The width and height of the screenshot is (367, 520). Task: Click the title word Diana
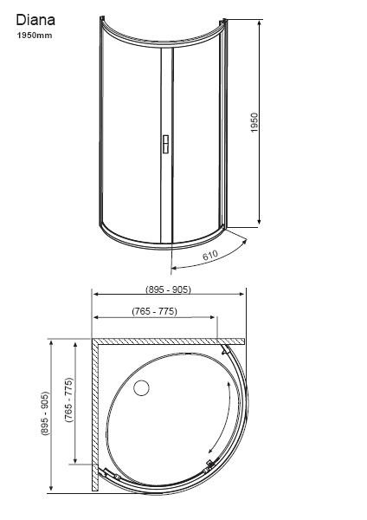click(x=35, y=20)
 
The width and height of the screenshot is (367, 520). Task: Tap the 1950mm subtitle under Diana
click(x=35, y=36)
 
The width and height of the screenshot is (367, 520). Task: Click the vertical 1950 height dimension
click(x=254, y=123)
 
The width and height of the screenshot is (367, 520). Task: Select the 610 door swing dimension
click(x=210, y=256)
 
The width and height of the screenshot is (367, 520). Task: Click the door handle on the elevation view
click(x=165, y=144)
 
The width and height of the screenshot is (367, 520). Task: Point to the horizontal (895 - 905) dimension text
click(x=168, y=289)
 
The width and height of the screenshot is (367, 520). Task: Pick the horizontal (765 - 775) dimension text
click(x=155, y=311)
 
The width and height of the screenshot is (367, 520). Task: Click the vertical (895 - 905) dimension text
click(x=45, y=413)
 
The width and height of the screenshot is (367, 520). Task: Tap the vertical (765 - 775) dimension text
click(x=68, y=400)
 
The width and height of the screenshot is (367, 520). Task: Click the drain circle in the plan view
click(x=141, y=387)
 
